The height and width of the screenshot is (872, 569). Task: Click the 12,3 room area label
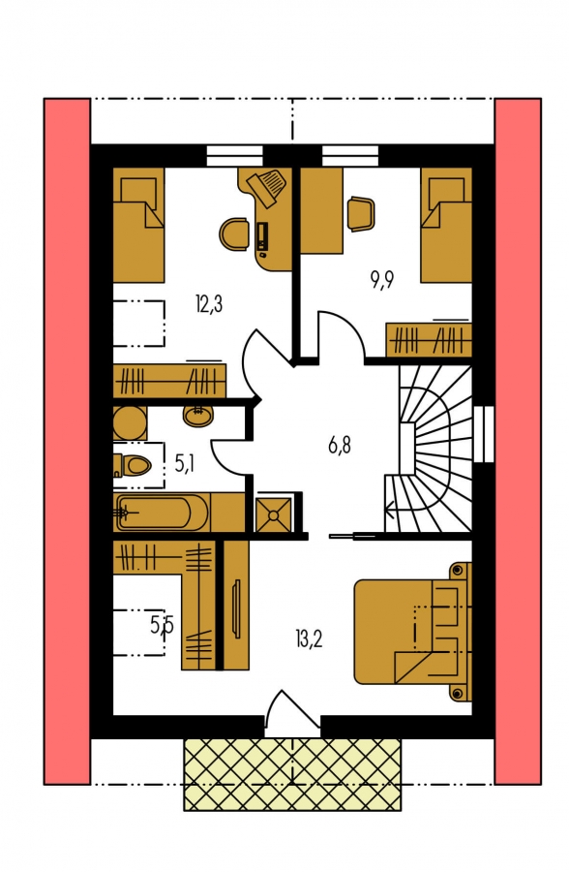click(x=209, y=304)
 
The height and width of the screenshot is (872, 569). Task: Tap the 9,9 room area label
click(x=382, y=281)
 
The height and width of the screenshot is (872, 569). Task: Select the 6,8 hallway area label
click(x=340, y=445)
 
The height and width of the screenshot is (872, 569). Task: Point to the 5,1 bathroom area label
click(x=184, y=463)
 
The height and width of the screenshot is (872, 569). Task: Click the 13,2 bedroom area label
click(x=309, y=639)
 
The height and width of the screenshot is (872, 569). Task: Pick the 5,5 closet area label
click(x=163, y=626)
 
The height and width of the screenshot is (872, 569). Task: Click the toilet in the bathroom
click(x=132, y=464)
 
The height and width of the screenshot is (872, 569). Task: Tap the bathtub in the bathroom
click(x=161, y=513)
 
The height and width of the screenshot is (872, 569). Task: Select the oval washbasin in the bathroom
click(x=196, y=415)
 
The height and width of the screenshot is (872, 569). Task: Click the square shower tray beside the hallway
click(x=273, y=514)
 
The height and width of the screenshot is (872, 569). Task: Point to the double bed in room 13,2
click(x=412, y=631)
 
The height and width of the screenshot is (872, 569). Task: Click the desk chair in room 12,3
click(x=234, y=234)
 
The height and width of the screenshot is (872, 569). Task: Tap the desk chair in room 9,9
click(x=361, y=213)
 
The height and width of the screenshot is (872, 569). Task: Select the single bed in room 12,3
click(x=139, y=225)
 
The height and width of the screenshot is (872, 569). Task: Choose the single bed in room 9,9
click(x=446, y=225)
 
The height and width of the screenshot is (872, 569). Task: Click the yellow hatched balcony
click(x=292, y=773)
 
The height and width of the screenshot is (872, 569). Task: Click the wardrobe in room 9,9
click(x=429, y=339)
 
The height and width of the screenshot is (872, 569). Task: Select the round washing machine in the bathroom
click(x=130, y=423)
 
